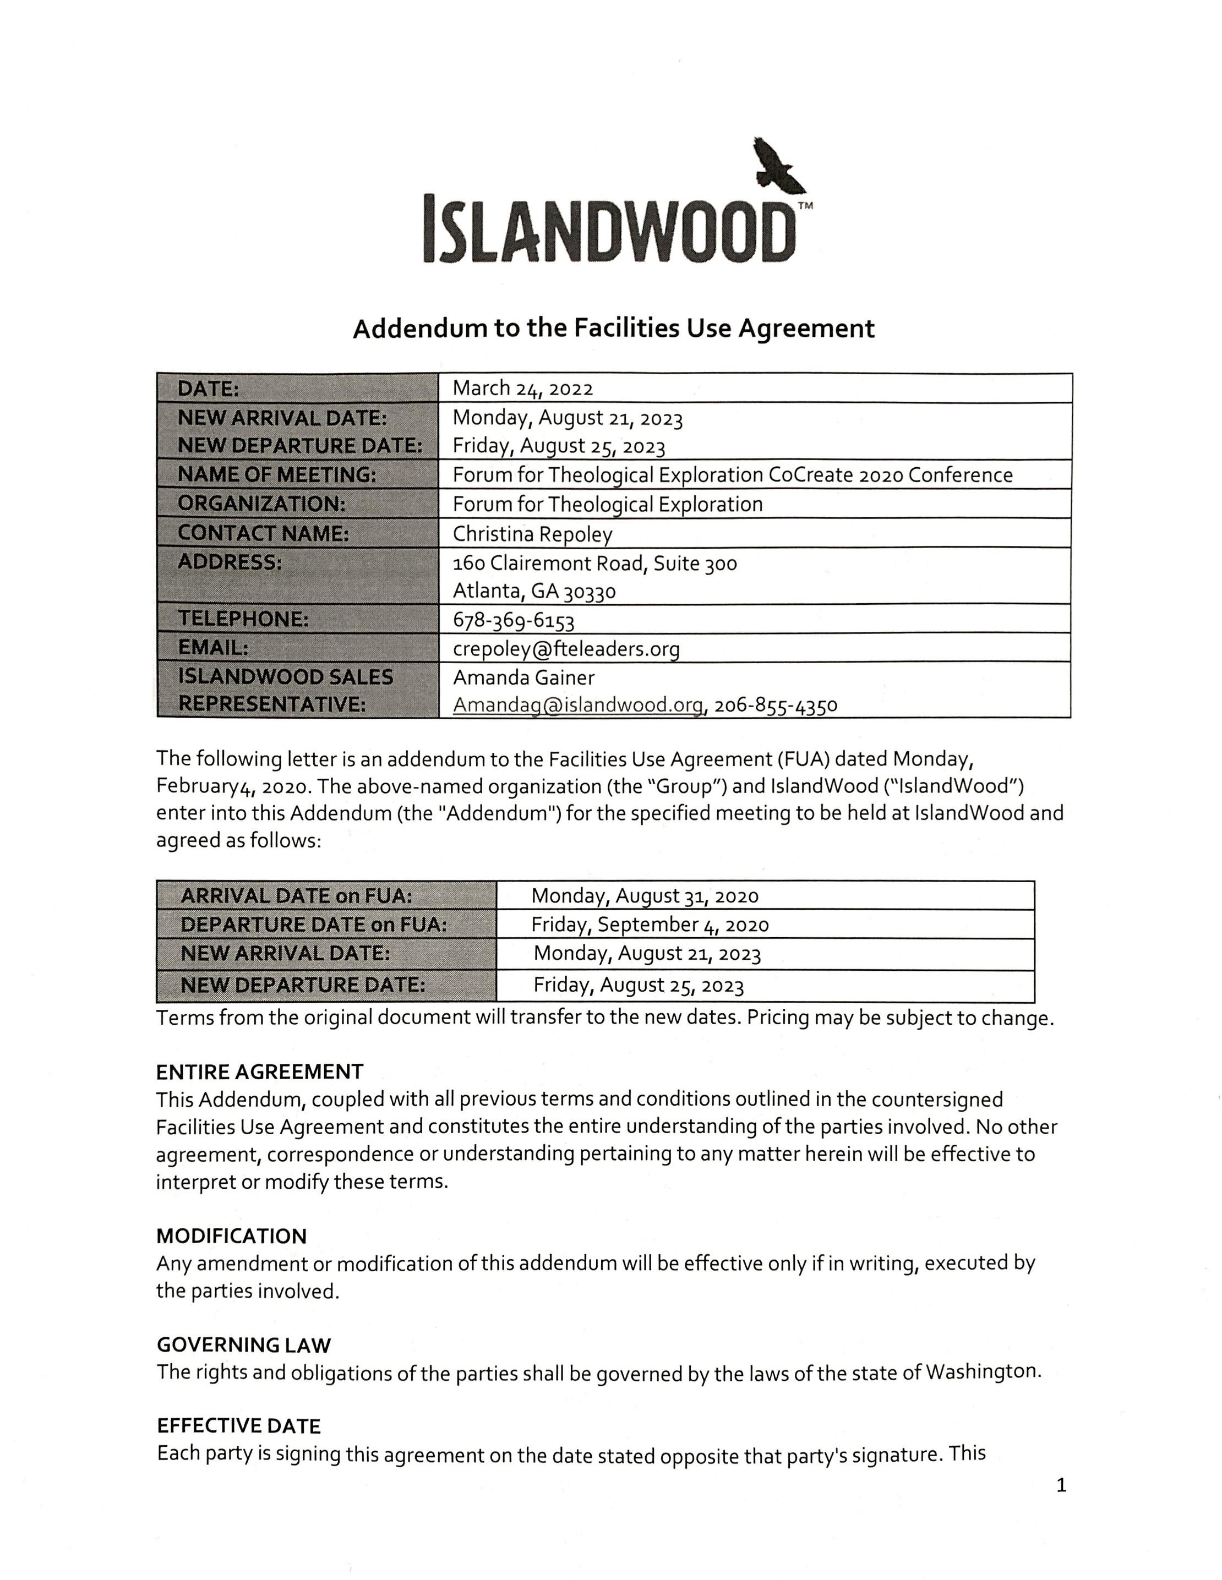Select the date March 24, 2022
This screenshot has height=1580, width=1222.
(x=522, y=389)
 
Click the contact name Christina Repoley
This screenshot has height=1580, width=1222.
(x=532, y=534)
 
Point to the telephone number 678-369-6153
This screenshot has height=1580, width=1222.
(x=513, y=620)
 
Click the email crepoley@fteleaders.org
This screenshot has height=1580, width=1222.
(x=566, y=648)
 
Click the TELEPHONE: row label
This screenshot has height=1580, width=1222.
(x=243, y=619)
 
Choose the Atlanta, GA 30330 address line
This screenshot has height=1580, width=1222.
(x=534, y=591)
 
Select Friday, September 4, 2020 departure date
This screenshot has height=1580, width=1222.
(x=650, y=925)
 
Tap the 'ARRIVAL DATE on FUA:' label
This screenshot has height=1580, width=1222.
(x=296, y=895)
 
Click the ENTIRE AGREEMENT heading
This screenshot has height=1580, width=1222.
(x=260, y=1071)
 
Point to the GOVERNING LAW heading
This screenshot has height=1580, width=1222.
(x=243, y=1345)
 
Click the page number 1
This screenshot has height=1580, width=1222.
(x=1061, y=1485)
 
